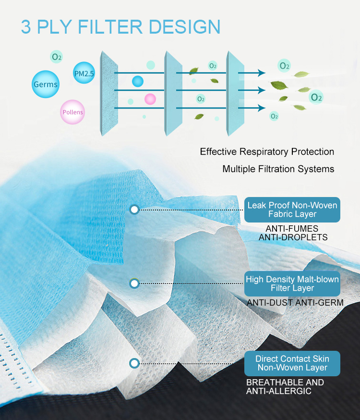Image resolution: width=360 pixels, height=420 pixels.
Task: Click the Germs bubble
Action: (46, 84)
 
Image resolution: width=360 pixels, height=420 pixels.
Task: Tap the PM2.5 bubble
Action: (84, 73)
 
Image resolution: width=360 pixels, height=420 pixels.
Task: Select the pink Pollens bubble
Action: (72, 112)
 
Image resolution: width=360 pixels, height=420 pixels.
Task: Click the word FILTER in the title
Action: (110, 27)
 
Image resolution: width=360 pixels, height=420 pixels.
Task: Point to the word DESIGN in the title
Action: (184, 27)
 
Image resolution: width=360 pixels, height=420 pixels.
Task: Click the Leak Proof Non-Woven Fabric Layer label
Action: (292, 210)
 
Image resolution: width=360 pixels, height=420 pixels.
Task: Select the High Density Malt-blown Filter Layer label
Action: (292, 284)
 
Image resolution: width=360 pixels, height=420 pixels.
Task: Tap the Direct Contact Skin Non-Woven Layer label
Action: (292, 363)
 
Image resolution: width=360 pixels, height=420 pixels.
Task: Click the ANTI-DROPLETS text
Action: (293, 237)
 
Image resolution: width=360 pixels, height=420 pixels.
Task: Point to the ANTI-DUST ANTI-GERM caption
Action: (295, 303)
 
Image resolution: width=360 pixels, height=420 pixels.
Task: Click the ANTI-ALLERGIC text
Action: (279, 391)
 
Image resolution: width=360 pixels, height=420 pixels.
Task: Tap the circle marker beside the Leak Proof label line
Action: (134, 210)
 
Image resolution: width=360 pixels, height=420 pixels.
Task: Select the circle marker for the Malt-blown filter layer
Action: (134, 284)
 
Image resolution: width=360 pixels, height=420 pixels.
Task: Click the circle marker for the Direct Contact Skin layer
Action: (134, 363)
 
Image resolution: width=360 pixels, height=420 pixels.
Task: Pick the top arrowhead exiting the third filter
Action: (261, 73)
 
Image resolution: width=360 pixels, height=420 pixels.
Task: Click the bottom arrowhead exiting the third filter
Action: (261, 108)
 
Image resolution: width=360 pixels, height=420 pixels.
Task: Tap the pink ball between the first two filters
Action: (150, 99)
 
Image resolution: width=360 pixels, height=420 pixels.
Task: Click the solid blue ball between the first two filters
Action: (138, 81)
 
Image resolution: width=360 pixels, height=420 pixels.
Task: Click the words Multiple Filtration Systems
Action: (278, 169)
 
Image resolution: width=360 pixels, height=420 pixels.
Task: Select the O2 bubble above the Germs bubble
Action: (57, 57)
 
